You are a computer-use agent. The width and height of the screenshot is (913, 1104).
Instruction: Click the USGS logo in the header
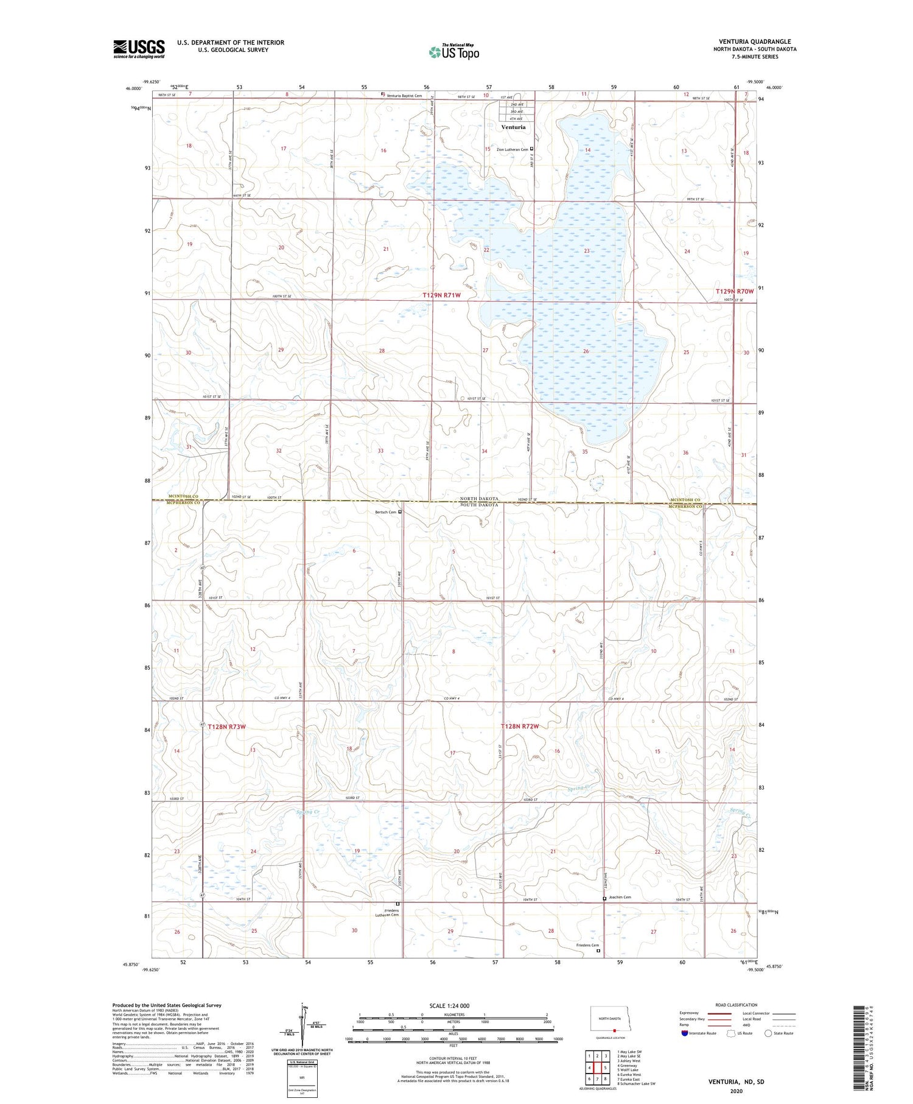[x=139, y=49]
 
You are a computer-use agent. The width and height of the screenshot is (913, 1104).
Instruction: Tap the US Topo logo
[x=453, y=52]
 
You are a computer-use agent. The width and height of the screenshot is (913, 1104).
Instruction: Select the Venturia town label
[x=513, y=127]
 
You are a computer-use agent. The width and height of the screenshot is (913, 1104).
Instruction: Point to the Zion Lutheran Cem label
[x=512, y=149]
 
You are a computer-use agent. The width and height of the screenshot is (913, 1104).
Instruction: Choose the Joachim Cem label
[x=620, y=898]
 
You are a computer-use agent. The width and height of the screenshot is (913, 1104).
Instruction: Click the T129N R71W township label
[x=442, y=295]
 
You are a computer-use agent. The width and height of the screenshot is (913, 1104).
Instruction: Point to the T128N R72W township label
[x=520, y=726]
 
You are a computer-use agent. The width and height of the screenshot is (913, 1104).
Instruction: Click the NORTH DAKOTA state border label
[x=478, y=499]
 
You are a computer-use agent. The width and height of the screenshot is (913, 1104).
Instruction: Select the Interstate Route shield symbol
[x=685, y=1033]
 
